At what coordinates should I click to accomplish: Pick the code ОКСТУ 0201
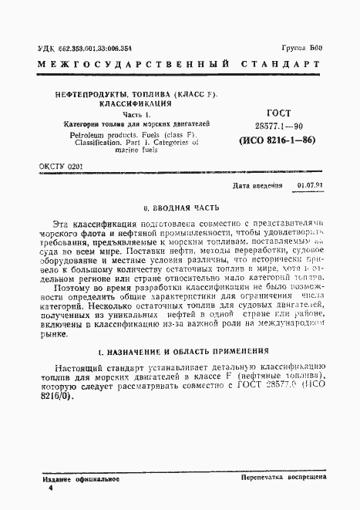(60, 165)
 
